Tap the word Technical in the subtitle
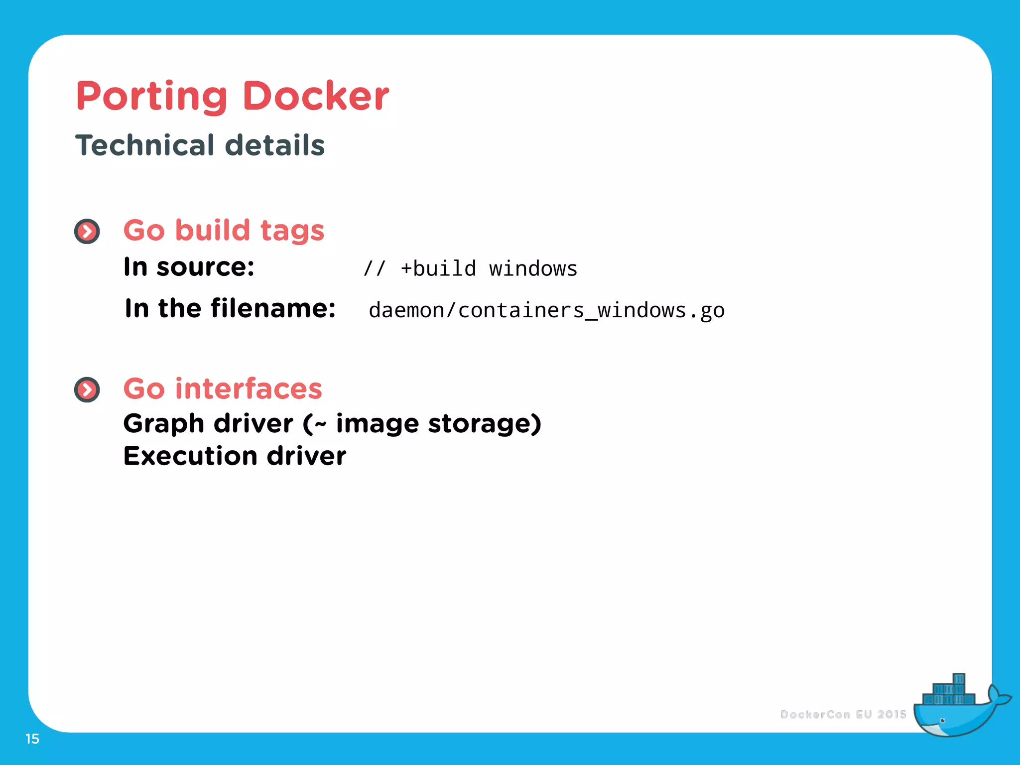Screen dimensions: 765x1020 [x=145, y=145]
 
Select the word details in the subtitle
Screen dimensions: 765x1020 [x=275, y=145]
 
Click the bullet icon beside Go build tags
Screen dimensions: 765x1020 [x=87, y=232]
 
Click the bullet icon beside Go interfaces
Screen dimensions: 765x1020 [x=87, y=389]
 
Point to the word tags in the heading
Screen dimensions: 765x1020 [x=292, y=231]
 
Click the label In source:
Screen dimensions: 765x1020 [x=189, y=267]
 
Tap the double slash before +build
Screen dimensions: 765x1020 [x=375, y=268]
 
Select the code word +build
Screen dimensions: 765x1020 [x=438, y=268]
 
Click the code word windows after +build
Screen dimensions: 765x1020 [x=533, y=268]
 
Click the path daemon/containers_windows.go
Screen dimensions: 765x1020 [x=546, y=310]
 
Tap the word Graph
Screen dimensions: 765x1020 [x=164, y=424]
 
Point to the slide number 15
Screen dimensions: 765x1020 [x=32, y=739]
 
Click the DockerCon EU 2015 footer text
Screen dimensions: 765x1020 [x=843, y=715]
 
